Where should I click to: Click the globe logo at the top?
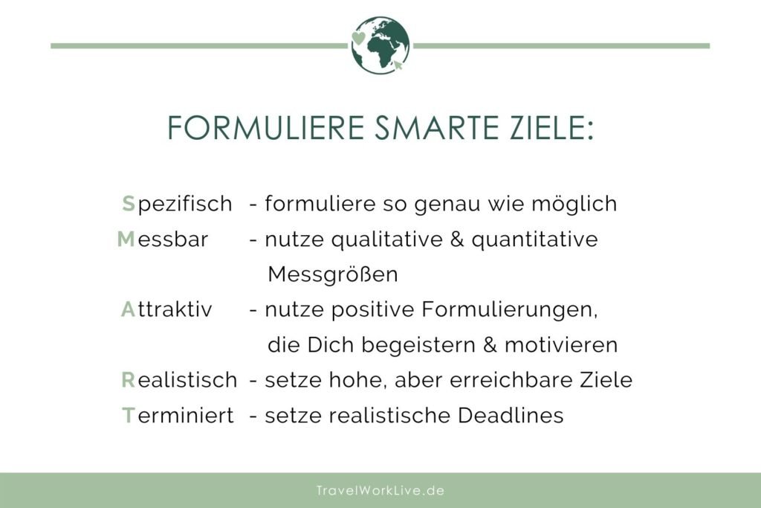(380, 45)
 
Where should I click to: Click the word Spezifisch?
(177, 204)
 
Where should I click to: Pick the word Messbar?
(163, 239)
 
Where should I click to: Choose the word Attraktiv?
(166, 309)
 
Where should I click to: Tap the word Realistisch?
(179, 380)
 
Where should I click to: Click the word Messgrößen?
(333, 274)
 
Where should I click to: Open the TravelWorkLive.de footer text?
(380, 491)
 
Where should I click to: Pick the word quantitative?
(534, 239)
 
